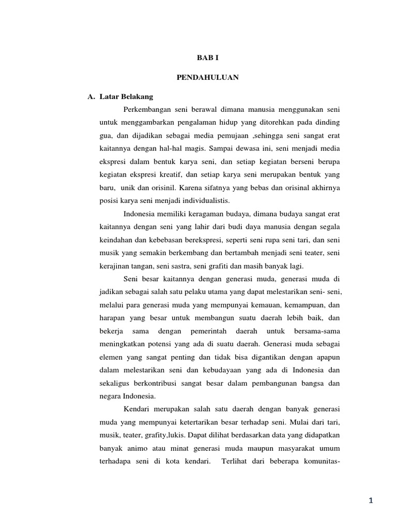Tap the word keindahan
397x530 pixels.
116,239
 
